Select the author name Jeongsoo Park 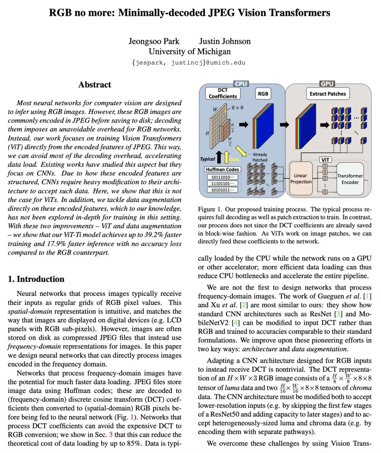pos(154,41)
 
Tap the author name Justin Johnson pos(225,41)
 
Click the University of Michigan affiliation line pos(189,52)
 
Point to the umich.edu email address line pos(189,62)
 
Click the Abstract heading pos(95,85)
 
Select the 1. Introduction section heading pos(36,279)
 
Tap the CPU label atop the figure pos(241,84)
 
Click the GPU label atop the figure pos(327,84)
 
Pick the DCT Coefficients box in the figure pos(223,93)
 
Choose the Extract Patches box pos(328,94)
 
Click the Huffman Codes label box pos(223,169)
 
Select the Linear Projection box pos(301,179)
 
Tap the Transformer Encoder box pos(350,179)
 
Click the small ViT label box pos(325,160)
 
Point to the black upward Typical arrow pos(219,157)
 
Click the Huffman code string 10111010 pos(222,177)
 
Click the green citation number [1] pos(367,296)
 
